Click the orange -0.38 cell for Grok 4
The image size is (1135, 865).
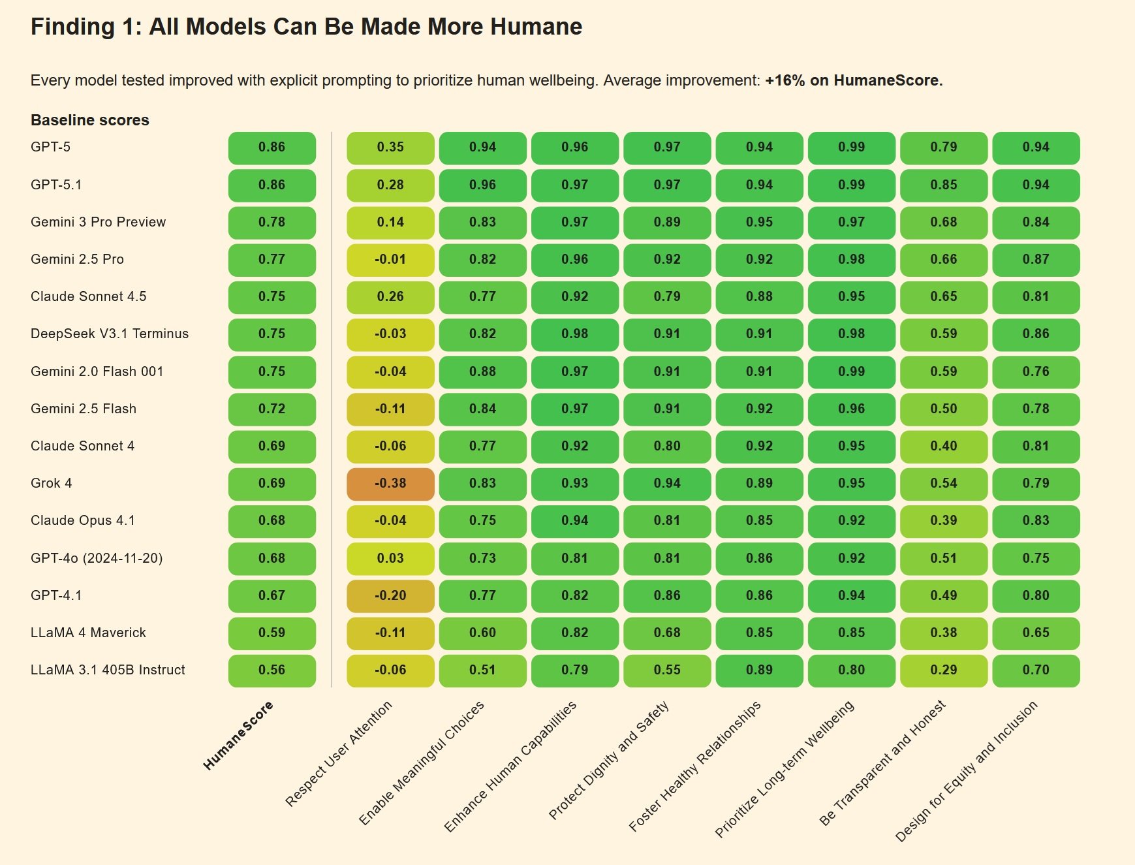[x=390, y=484]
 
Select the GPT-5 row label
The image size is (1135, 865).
[x=50, y=148]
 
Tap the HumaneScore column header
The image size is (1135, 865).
[x=238, y=735]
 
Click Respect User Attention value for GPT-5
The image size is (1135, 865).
[x=390, y=148]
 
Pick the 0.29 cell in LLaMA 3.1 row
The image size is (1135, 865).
[x=944, y=670]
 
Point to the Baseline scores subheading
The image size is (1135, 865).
[x=90, y=120]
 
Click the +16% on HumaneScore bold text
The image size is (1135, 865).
[x=854, y=81]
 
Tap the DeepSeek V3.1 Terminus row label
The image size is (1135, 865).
[x=110, y=334]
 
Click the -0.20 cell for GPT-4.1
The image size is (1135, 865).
[x=390, y=596]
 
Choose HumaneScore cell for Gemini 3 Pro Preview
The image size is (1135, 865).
[x=272, y=223]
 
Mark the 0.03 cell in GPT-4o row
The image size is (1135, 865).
[x=390, y=559]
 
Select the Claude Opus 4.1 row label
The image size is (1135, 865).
[x=83, y=521]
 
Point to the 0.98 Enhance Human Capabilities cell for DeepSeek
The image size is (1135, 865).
[x=575, y=334]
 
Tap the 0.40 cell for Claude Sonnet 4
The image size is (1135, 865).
[x=944, y=447]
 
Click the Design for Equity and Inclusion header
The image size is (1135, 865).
[x=966, y=770]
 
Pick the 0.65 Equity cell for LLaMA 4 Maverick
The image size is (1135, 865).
[x=1036, y=633]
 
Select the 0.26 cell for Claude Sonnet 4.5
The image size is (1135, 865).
[x=390, y=297]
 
